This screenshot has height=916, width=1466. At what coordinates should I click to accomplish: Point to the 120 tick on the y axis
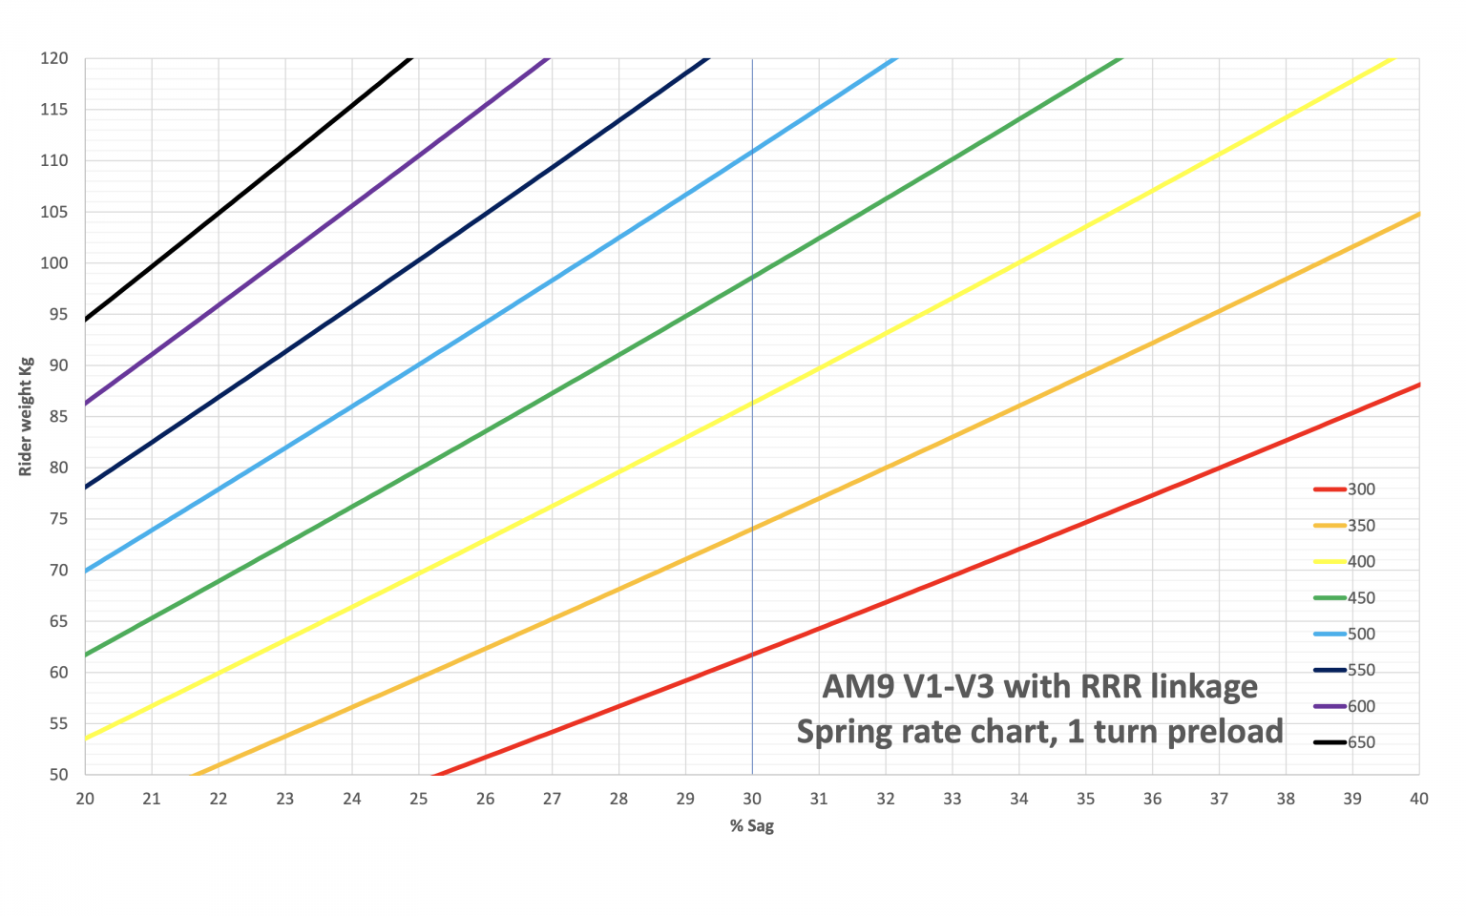click(x=54, y=58)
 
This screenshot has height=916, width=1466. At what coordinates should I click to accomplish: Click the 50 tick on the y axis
click(x=58, y=774)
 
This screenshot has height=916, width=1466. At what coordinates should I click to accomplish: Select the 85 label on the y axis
click(x=58, y=416)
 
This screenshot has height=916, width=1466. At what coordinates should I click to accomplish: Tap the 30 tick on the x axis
click(x=752, y=799)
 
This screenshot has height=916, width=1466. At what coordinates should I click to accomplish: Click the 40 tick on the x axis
click(x=1419, y=799)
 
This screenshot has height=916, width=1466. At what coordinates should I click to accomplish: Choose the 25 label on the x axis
click(x=418, y=799)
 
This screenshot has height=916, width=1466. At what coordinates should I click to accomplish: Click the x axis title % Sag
click(x=752, y=826)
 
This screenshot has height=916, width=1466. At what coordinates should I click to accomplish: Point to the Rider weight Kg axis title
click(x=26, y=416)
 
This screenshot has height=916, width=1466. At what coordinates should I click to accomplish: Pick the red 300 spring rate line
click(x=954, y=577)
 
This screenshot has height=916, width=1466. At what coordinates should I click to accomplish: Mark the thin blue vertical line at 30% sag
click(x=752, y=429)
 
